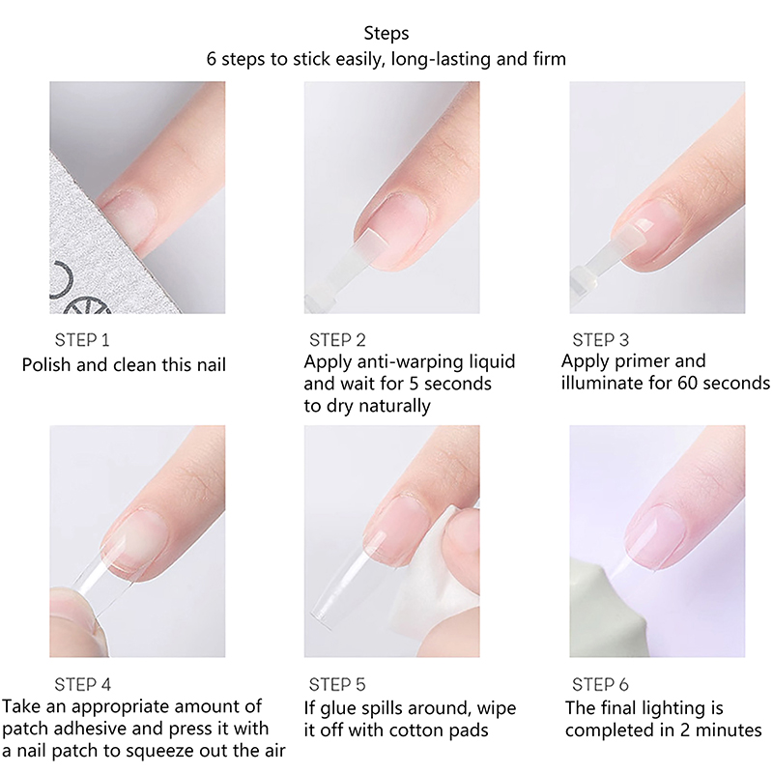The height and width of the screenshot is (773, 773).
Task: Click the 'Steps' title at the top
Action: [x=386, y=34]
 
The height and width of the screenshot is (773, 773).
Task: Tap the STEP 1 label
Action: [x=82, y=340]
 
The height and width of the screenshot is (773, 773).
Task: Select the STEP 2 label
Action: [x=337, y=340]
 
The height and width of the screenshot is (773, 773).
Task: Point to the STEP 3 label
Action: [x=600, y=340]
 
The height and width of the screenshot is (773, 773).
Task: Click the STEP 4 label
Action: [x=82, y=684]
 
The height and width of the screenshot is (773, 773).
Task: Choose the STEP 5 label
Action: [x=337, y=684]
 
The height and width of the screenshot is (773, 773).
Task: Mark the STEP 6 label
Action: [x=600, y=684]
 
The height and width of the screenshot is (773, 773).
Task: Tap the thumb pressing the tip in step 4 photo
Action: [x=74, y=621]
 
